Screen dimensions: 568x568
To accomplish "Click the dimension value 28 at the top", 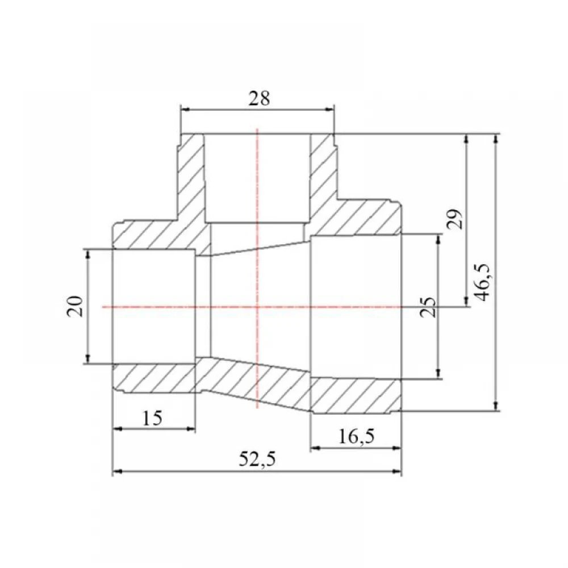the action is point(259,98).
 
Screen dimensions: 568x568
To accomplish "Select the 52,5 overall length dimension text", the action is point(257,460).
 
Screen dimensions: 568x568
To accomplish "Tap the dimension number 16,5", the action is point(356,436).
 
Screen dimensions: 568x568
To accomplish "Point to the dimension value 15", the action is point(152,419).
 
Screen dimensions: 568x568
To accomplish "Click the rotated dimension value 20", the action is point(76,307).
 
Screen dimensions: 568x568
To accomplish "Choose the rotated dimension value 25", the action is point(428,307).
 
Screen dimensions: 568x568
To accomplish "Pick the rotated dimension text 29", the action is point(454,219).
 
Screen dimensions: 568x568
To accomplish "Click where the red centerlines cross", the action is point(257,307).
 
